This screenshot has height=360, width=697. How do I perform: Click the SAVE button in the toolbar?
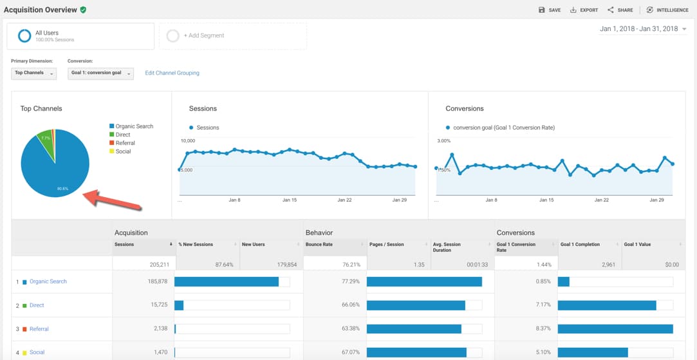coord(549,10)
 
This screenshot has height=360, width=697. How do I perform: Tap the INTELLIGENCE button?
coord(667,10)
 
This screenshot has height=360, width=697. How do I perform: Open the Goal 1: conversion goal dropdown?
coord(100,73)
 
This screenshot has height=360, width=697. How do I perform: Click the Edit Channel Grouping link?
coord(172,73)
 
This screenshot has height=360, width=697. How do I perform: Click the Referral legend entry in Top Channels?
coord(125,143)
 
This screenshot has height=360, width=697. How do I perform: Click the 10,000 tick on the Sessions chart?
coord(187,140)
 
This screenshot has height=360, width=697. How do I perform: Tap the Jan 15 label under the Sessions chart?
coord(290,200)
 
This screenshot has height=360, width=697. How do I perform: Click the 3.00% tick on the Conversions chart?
coord(443,140)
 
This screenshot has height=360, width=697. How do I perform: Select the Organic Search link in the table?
coord(48,281)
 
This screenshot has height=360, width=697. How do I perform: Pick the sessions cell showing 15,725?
coord(156,305)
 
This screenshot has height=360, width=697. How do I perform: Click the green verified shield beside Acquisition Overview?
coord(84,10)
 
